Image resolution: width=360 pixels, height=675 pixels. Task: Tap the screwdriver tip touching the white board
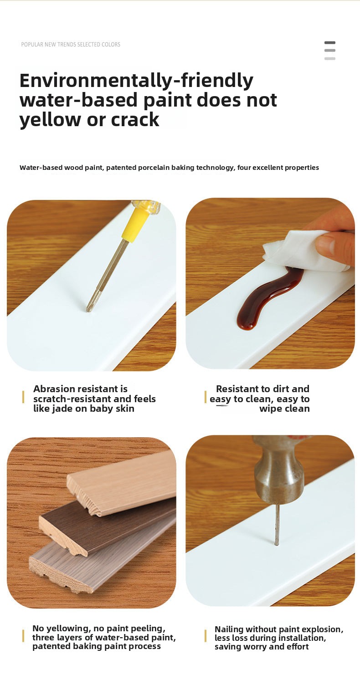pos(88,310)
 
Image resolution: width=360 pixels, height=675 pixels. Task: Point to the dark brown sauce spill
pos(268,298)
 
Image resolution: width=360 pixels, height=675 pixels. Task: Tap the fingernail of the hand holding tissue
pos(326,241)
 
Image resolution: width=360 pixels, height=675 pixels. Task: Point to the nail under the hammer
pos(277,525)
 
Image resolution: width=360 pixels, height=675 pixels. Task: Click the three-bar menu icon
pos(330,50)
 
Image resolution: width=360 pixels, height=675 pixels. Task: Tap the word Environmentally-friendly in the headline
pos(136,80)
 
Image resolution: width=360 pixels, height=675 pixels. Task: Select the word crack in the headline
pos(135,120)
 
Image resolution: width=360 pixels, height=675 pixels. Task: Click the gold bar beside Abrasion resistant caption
pos(23,397)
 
